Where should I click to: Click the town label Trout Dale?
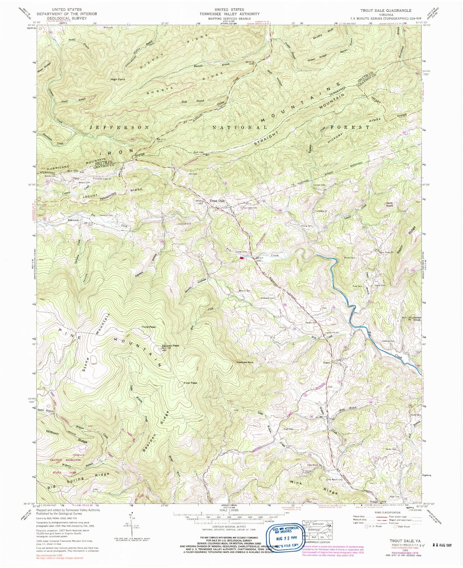(x=217, y=201)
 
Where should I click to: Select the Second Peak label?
(x=170, y=346)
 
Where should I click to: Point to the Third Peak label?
(x=148, y=327)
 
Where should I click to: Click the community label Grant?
(x=326, y=363)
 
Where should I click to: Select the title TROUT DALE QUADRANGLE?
(x=386, y=11)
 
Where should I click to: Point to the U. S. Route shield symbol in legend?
(x=367, y=526)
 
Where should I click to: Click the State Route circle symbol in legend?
(x=395, y=526)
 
